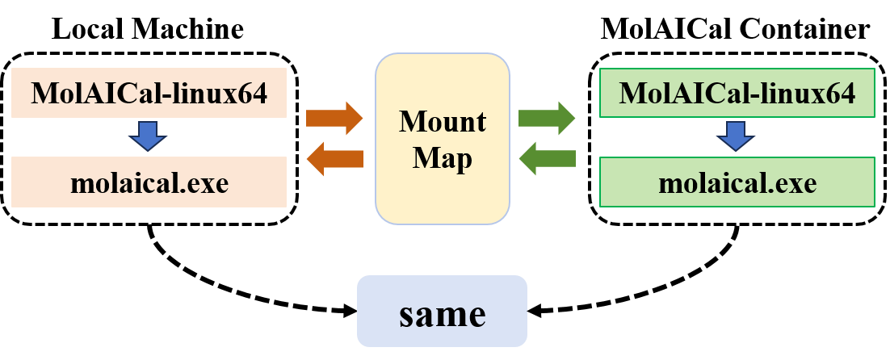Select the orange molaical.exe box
click(x=149, y=182)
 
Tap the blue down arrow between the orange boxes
click(x=149, y=136)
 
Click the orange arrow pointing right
click(x=334, y=119)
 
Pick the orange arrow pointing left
click(x=334, y=159)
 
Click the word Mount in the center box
click(x=443, y=122)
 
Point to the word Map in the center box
click(x=443, y=158)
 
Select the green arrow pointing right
click(x=546, y=119)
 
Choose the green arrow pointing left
click(x=547, y=158)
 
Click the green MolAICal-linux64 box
click(x=737, y=92)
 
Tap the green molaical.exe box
click(x=737, y=182)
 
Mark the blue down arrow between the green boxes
click(x=736, y=136)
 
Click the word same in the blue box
click(x=443, y=314)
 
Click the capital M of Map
click(x=425, y=157)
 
